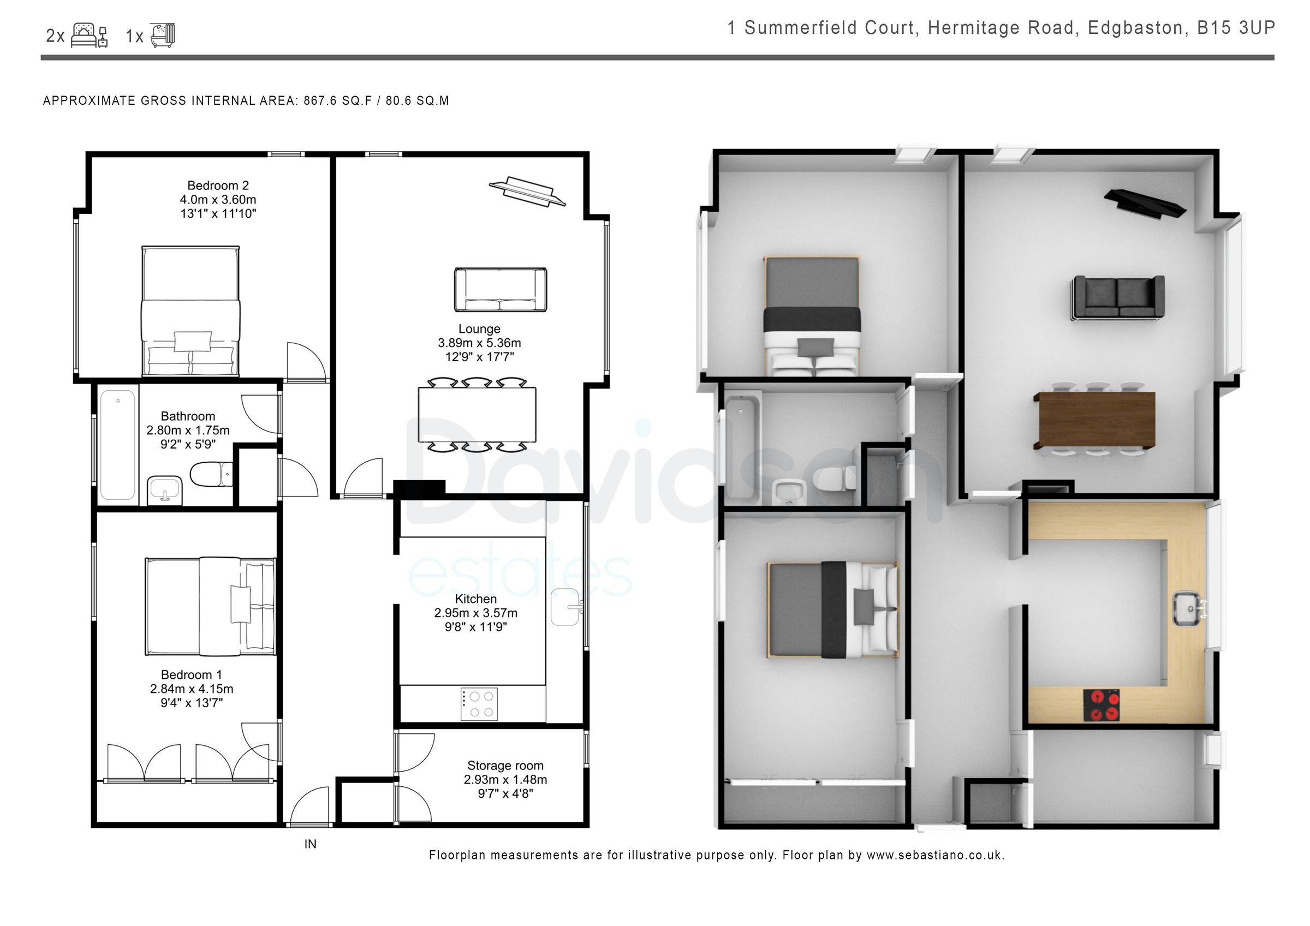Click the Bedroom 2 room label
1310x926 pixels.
coord(218,186)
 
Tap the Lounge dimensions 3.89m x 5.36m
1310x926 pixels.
coord(479,343)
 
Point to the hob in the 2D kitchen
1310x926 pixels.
coord(479,704)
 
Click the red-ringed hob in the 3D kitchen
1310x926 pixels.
coord(1100,705)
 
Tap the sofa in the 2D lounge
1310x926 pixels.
coord(501,290)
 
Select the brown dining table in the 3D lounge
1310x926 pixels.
coord(1094,420)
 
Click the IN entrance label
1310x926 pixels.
coord(310,844)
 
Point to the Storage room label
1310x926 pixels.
coord(505,765)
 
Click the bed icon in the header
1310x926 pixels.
coord(89,36)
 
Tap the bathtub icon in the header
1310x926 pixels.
coord(163,35)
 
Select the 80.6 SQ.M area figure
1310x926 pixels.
coord(417,101)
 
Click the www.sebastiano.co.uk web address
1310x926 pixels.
coord(934,855)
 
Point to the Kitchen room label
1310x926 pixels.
coord(475,599)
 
